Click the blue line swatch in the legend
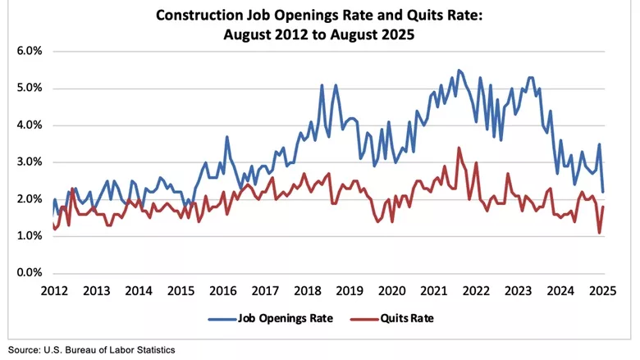222,318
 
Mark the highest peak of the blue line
459,70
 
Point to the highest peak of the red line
459,148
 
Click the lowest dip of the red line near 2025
599,233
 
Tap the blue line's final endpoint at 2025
603,192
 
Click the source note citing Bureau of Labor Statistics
92,349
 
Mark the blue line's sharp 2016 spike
226,137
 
